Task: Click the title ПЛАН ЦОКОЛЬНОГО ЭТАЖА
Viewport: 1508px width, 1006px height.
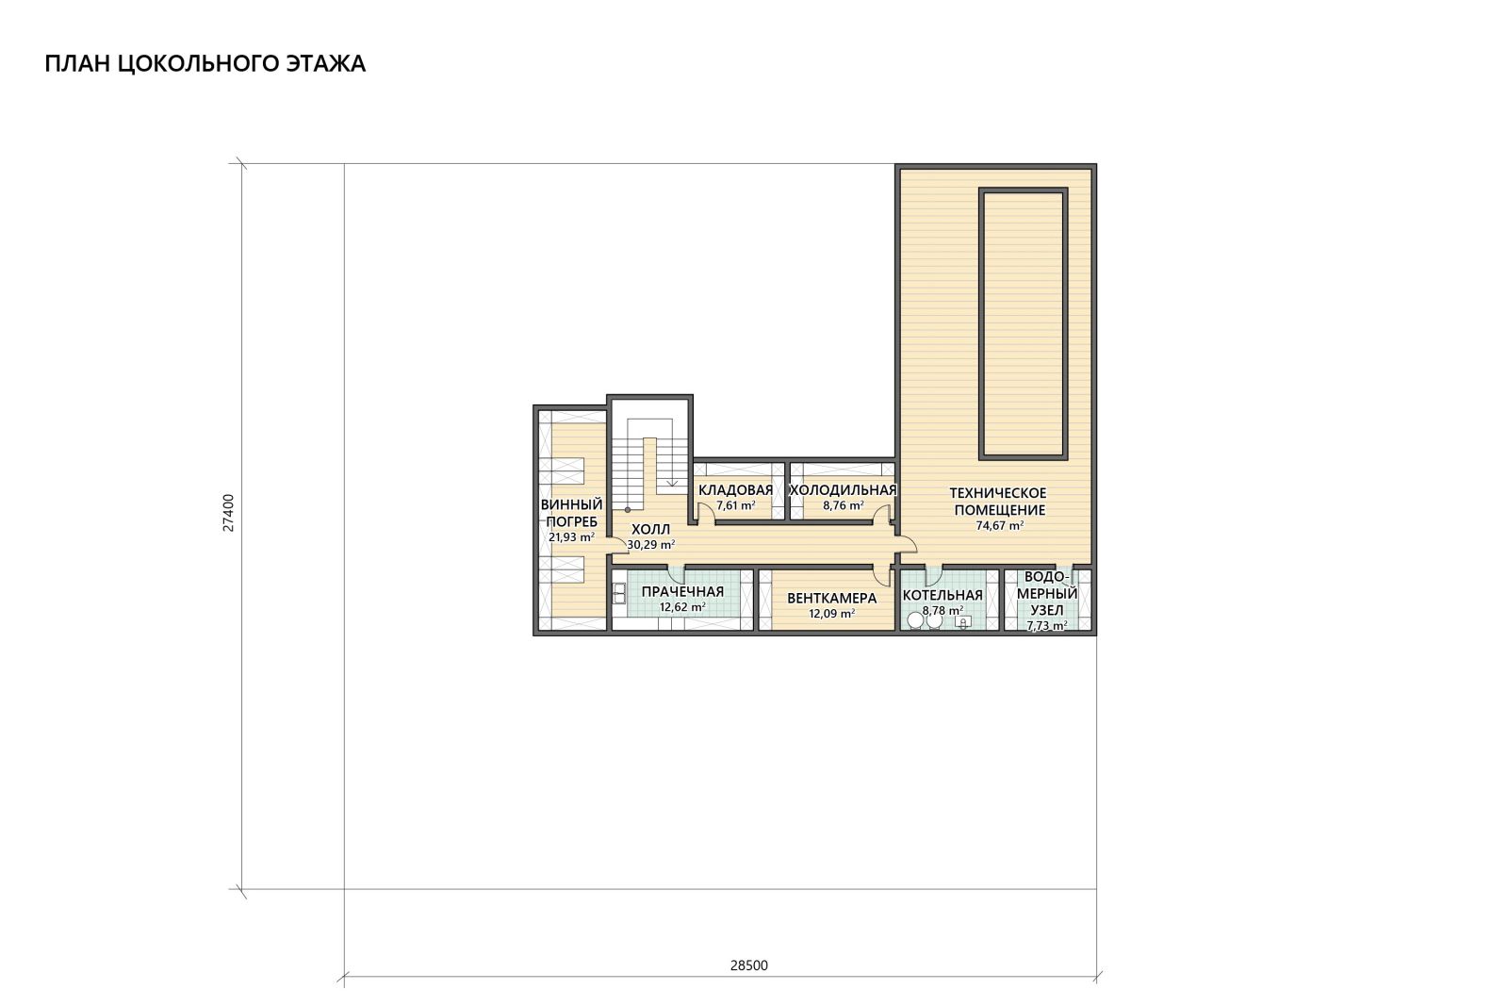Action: coord(205,64)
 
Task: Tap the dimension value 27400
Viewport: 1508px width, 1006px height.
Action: coord(229,513)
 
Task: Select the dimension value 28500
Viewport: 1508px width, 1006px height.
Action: coord(748,965)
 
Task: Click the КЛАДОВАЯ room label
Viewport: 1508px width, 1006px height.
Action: coord(735,490)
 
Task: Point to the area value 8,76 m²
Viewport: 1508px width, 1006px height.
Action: coord(843,505)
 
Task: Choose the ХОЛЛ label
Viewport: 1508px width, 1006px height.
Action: coord(650,529)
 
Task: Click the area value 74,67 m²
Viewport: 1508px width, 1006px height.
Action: coord(1000,526)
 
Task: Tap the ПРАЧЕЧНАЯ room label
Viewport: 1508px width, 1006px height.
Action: coord(682,592)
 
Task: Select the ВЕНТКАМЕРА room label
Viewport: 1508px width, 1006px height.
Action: coord(831,598)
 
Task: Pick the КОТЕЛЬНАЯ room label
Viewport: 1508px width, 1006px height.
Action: coord(942,595)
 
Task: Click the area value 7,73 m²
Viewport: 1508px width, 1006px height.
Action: coord(1047,625)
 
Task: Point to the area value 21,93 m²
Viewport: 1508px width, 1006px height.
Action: coord(571,537)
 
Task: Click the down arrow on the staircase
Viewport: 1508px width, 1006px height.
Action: coord(672,482)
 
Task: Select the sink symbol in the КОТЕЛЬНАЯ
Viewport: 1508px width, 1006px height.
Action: coord(962,621)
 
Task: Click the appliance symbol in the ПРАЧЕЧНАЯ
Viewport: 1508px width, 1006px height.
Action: coord(619,593)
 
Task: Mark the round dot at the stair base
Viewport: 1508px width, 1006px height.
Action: coord(628,510)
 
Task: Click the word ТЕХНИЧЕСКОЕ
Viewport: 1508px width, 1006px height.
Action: coord(998,494)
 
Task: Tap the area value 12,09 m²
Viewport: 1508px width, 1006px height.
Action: coord(831,614)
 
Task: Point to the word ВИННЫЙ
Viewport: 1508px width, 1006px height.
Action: coord(571,505)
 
